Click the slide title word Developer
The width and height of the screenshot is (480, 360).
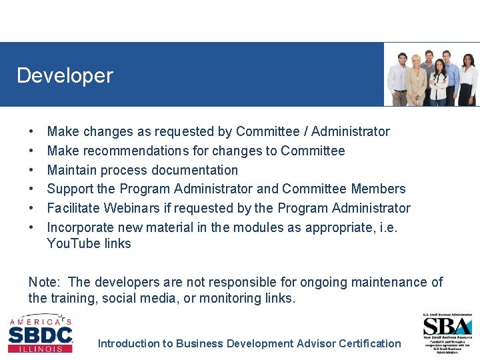click(65, 75)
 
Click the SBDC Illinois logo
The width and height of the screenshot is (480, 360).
click(41, 333)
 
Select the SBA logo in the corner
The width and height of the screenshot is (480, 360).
click(447, 331)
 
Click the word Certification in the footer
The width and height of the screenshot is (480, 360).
click(370, 343)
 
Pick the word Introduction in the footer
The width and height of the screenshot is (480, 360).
click(128, 343)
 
